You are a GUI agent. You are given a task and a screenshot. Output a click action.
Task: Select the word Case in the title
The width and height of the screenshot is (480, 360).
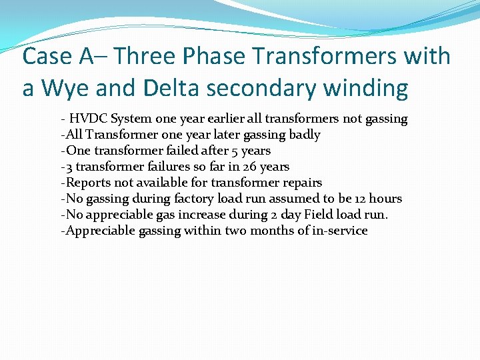click(x=47, y=56)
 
